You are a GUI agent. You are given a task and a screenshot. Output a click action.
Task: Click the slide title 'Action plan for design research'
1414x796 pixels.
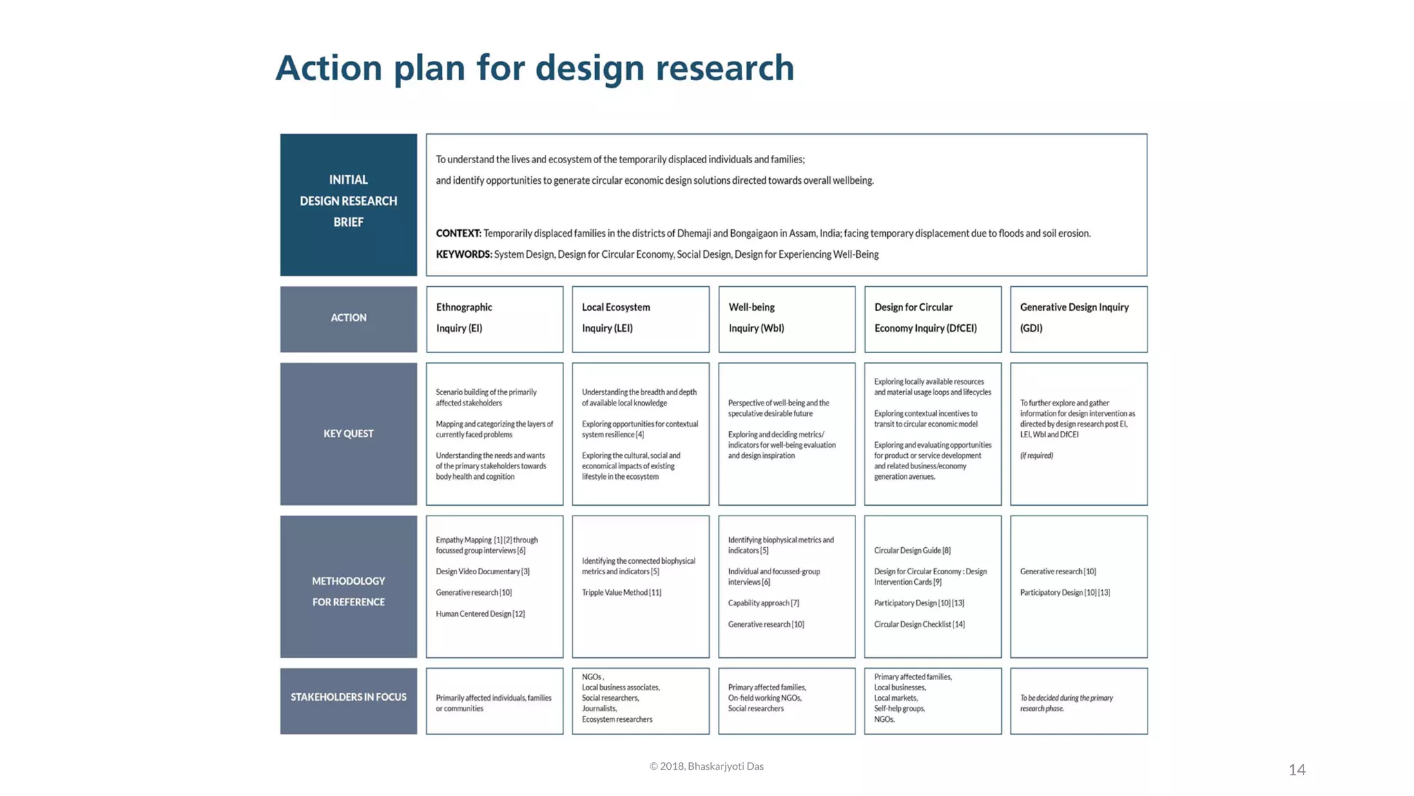pos(535,68)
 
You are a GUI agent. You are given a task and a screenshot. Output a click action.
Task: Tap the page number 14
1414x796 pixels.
pos(1297,770)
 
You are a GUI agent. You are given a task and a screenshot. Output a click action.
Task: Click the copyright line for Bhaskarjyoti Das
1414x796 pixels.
pos(706,766)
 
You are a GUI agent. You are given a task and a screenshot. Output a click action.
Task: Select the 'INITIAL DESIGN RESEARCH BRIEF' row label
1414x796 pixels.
pos(348,201)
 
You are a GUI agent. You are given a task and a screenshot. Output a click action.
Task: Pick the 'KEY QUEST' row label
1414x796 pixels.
pos(348,434)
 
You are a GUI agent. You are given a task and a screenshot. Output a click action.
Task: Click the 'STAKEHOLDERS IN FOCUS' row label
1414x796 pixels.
pos(348,697)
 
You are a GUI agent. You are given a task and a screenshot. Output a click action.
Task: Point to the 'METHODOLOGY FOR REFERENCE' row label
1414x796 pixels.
pos(348,591)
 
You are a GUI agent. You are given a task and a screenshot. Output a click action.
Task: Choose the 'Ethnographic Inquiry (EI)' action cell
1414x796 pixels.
pos(494,318)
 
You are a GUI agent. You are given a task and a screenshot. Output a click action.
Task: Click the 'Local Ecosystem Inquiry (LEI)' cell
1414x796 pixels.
pos(640,318)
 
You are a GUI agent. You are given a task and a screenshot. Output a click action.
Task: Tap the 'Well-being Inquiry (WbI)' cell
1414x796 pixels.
pos(786,318)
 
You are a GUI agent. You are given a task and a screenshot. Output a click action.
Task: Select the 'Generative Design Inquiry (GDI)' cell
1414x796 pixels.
pos(1078,318)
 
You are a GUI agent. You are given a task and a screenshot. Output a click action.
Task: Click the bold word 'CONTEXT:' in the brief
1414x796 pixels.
pos(458,234)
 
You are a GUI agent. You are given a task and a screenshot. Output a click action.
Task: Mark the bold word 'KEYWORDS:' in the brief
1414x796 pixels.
pos(464,255)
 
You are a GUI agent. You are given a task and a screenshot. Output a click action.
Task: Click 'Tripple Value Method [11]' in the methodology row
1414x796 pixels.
pos(621,593)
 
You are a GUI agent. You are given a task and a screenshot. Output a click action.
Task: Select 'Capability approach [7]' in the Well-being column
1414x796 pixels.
pos(763,603)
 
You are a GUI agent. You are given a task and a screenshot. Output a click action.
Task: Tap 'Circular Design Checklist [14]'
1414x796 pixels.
pos(919,625)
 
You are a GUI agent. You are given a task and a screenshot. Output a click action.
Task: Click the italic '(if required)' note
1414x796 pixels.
pos(1036,456)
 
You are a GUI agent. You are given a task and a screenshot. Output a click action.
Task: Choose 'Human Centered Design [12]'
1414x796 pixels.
pos(480,614)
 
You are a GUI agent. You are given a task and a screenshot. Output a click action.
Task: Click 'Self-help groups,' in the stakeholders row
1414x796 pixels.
pos(899,709)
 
